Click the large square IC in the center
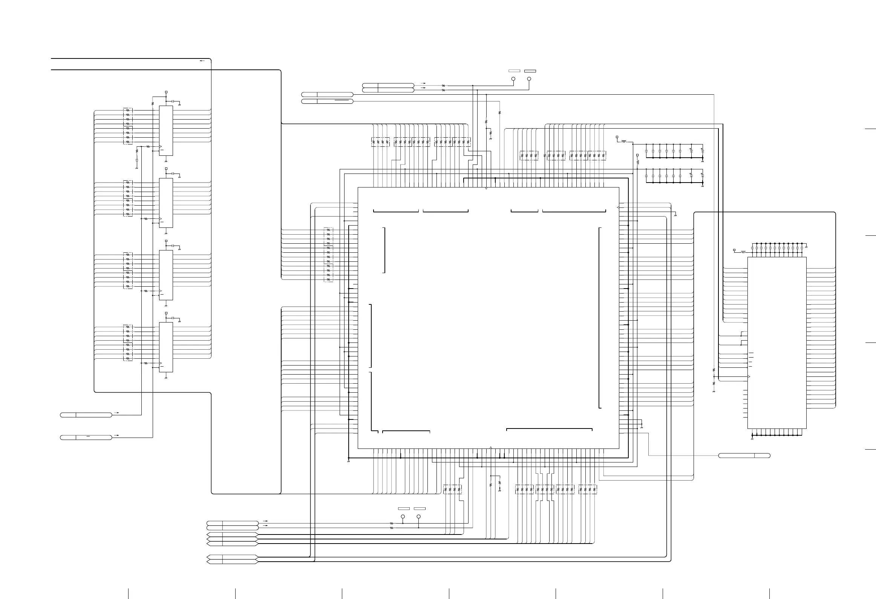[488, 318]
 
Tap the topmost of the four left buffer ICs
[166, 131]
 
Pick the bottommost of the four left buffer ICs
[166, 347]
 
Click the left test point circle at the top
[513, 79]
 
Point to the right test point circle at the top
[529, 79]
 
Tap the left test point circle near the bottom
[403, 516]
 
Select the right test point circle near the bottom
[419, 516]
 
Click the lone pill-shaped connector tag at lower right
[744, 456]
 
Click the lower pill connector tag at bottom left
[86, 438]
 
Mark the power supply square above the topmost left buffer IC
[166, 92]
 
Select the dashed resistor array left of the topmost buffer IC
[128, 126]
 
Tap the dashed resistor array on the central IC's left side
[328, 255]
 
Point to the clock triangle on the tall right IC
[749, 377]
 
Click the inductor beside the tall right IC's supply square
[743, 252]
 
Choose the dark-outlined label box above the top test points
[530, 71]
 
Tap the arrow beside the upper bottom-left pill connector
[118, 413]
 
